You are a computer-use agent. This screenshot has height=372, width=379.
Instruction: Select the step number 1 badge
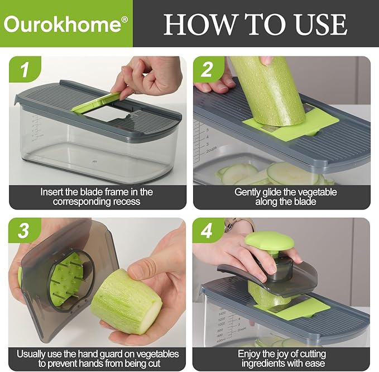[24, 70]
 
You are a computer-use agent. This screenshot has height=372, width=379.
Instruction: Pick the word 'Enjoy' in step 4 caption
[250, 354]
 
